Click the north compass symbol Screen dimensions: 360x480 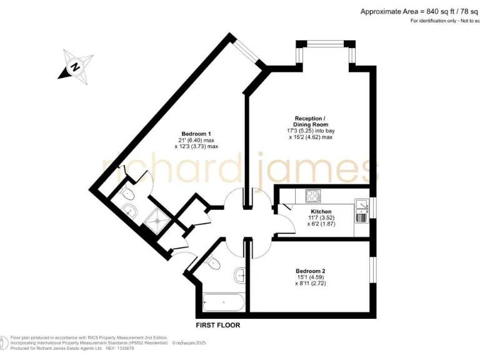point(74,66)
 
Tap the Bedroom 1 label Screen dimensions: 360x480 point(196,134)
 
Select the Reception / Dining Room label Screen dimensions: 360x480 point(309,122)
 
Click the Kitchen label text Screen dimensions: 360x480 point(321,212)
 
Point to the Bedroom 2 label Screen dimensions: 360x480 point(311,271)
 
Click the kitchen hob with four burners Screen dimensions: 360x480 point(312,197)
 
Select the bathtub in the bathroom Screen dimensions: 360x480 point(224,302)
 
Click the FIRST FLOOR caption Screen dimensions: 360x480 point(218,325)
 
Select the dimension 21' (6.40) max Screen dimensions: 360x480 point(196,140)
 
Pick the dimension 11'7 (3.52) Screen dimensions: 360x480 point(321,218)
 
